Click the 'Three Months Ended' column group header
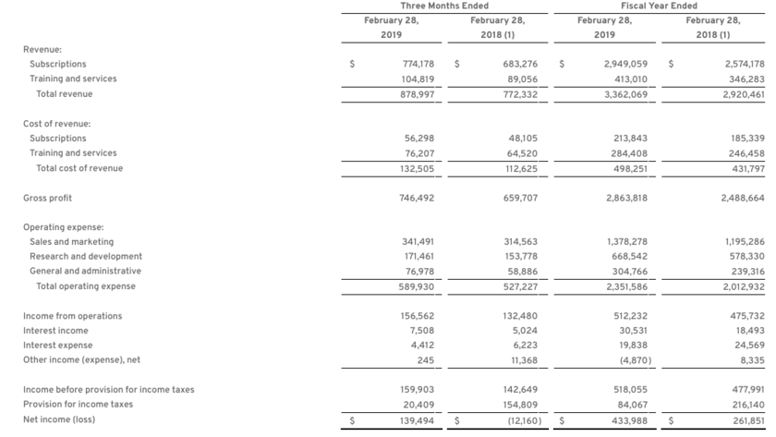click(444, 6)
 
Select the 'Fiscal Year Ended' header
click(659, 6)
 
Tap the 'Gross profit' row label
click(47, 198)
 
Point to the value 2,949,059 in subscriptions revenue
click(625, 65)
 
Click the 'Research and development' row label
click(86, 257)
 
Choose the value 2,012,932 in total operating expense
click(744, 286)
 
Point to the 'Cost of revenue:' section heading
click(56, 124)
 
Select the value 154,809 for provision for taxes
click(522, 405)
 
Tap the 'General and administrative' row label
click(85, 272)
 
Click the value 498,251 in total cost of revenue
click(629, 168)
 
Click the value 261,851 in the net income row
click(746, 419)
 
